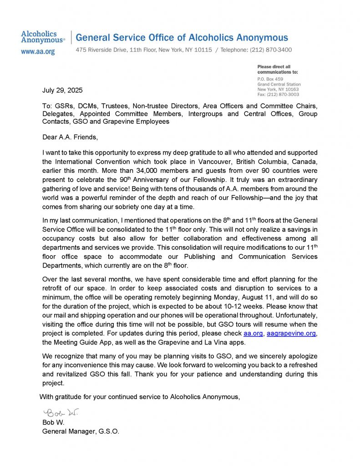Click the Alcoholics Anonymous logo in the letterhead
(43, 37)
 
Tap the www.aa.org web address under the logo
(38, 52)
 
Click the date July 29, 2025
(62, 90)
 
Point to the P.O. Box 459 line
(270, 79)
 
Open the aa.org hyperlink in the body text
(254, 334)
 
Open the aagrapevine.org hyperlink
(291, 334)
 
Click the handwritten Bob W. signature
(61, 413)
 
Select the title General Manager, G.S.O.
(81, 431)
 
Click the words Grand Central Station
(279, 84)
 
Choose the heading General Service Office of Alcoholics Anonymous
(182, 38)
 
